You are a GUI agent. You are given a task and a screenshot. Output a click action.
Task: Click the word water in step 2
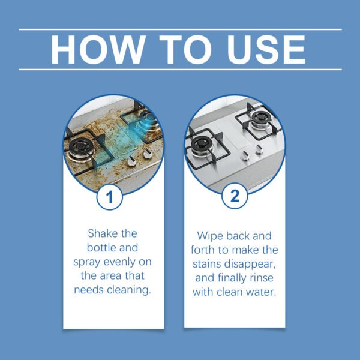260,293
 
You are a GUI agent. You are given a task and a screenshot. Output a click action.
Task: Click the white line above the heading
180,29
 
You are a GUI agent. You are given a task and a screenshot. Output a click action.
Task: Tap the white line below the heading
180,70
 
